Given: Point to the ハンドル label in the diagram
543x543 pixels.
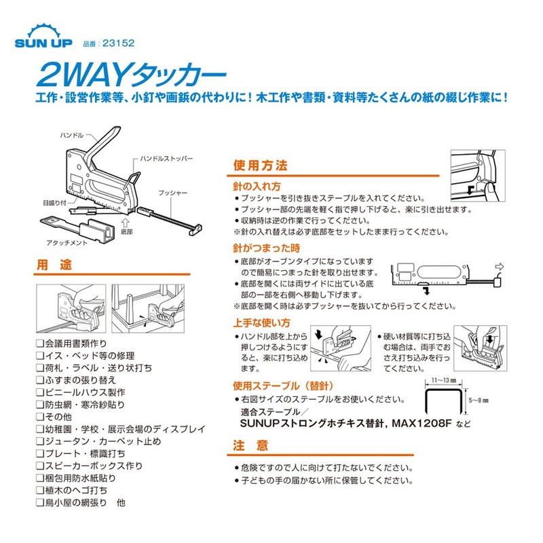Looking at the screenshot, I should coord(71,136).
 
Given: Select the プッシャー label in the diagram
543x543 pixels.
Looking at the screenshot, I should coord(172,193).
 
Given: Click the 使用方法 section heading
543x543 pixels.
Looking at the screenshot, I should coord(261,166).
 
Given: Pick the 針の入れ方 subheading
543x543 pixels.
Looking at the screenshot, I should coord(252,185).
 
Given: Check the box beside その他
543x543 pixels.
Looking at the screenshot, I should coord(39,416).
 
